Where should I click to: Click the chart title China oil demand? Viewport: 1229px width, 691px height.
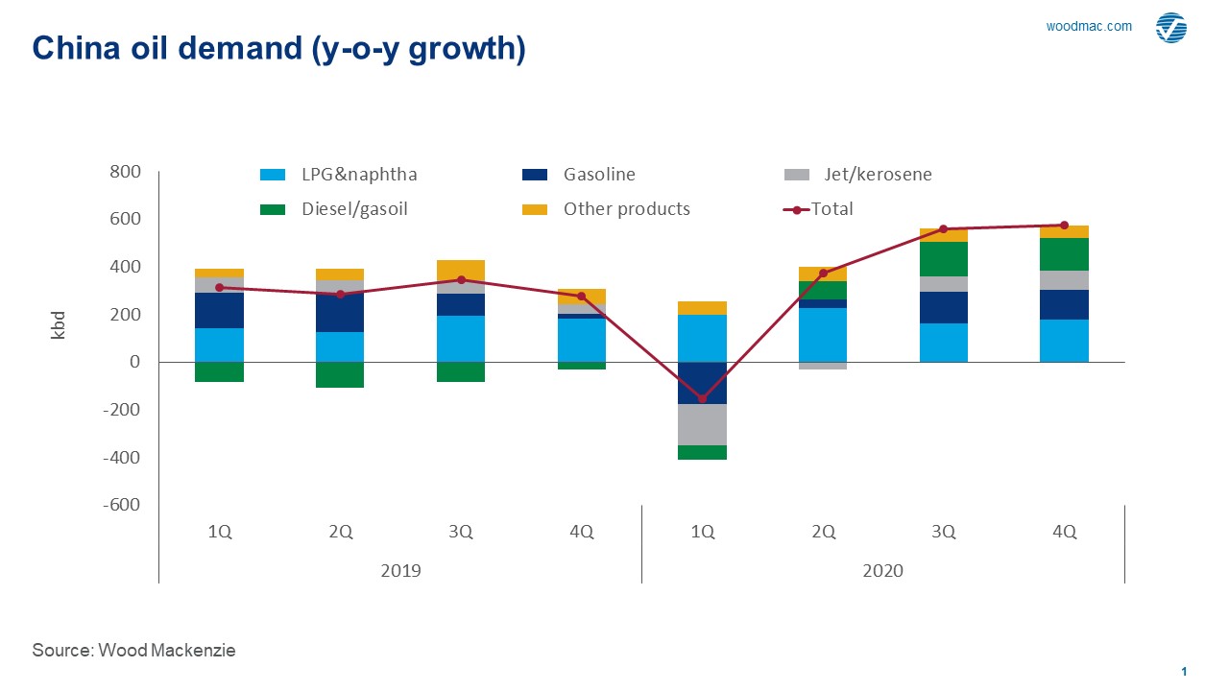pos(278,49)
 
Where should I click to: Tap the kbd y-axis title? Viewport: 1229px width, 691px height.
pos(58,325)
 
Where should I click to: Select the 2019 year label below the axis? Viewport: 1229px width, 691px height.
pos(400,570)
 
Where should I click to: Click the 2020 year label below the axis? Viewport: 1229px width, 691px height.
pos(882,570)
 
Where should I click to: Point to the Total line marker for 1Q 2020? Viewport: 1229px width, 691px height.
pos(702,398)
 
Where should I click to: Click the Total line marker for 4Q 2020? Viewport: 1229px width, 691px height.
pos(1064,226)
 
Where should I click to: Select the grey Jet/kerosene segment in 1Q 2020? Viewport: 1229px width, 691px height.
pos(702,424)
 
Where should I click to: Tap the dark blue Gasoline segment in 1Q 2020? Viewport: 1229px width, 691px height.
pos(702,383)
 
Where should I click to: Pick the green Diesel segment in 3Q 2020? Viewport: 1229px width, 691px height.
pos(943,259)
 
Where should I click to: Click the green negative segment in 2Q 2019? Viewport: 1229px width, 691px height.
pos(340,374)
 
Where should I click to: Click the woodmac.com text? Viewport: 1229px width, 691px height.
pos(1089,27)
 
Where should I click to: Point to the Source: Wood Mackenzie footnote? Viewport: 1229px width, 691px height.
pos(133,651)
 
